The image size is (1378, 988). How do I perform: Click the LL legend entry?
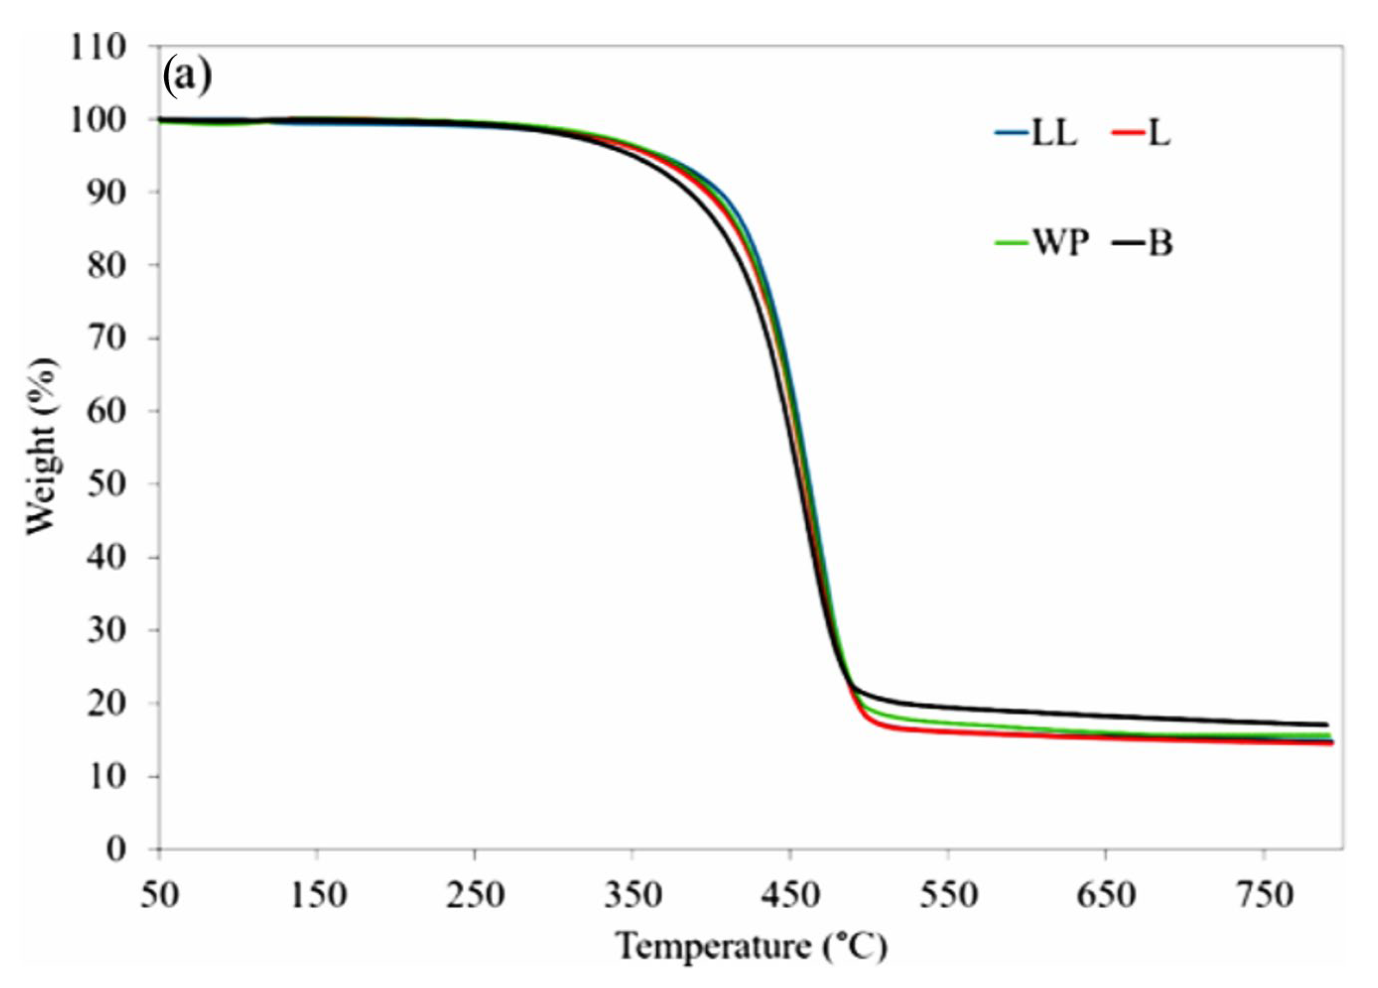[x=1036, y=134]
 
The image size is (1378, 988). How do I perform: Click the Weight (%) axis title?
[x=43, y=447]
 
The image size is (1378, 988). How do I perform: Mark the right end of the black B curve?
[x=1326, y=724]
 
